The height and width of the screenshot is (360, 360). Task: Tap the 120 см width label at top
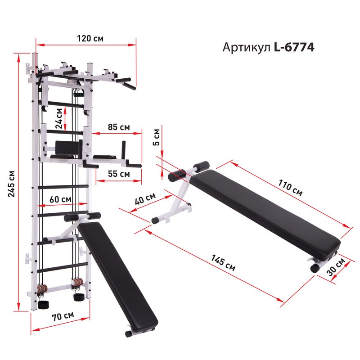click(x=90, y=38)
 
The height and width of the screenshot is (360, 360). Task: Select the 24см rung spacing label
click(x=59, y=118)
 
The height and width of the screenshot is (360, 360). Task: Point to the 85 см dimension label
click(x=119, y=127)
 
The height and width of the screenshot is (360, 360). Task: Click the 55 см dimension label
click(x=119, y=174)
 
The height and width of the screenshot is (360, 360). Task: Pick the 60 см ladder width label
click(x=60, y=199)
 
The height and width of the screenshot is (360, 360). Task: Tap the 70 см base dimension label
click(x=63, y=316)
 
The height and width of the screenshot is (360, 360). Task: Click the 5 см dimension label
click(x=156, y=137)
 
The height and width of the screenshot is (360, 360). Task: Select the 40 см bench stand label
click(x=145, y=198)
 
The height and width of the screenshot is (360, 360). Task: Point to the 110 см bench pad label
click(x=290, y=188)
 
